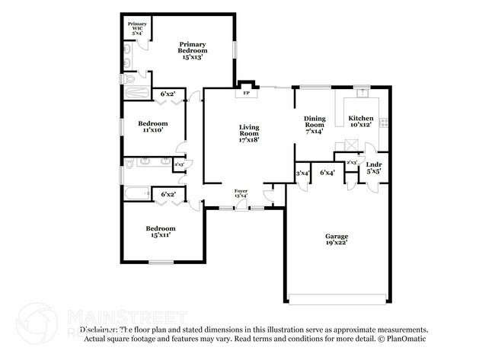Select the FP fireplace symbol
click(x=245, y=94)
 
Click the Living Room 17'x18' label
click(x=249, y=133)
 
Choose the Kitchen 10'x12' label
click(x=360, y=122)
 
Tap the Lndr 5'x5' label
click(x=373, y=168)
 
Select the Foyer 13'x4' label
click(x=241, y=194)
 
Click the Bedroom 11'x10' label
click(x=152, y=127)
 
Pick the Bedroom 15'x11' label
click(x=161, y=231)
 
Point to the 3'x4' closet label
click(x=302, y=174)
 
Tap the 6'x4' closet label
click(x=327, y=174)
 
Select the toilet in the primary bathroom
click(x=130, y=78)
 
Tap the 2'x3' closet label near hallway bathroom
click(x=180, y=164)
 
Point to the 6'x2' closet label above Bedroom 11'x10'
click(x=168, y=94)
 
